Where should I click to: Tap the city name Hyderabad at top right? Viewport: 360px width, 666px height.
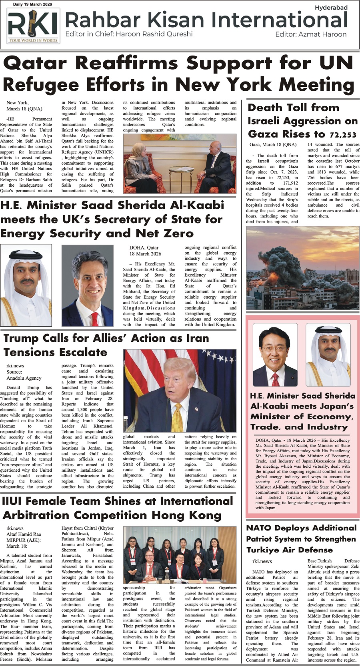[331, 8]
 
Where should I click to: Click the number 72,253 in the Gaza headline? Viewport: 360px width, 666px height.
[343, 135]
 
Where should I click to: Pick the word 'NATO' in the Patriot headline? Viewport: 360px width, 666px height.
[259, 528]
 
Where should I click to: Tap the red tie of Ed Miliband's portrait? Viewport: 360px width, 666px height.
[94, 319]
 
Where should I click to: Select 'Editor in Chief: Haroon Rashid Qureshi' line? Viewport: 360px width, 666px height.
[129, 34]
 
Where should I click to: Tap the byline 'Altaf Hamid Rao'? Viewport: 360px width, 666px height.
[24, 534]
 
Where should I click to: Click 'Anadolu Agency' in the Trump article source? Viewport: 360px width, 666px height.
[24, 378]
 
